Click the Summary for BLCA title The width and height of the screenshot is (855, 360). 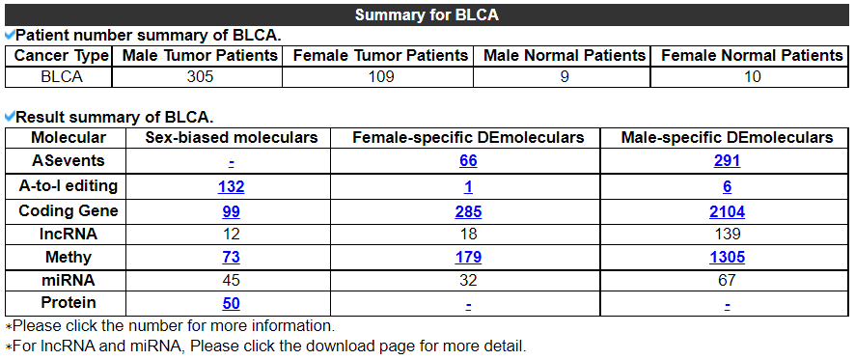click(427, 14)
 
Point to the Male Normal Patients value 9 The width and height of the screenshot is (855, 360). click(565, 76)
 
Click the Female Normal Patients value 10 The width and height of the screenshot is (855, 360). click(753, 76)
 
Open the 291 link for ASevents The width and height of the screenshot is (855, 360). click(727, 161)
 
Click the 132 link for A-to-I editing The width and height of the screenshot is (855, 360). click(232, 186)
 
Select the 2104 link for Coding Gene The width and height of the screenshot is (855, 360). click(727, 211)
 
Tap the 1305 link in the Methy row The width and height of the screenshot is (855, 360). click(727, 257)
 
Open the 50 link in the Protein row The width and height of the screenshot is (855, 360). click(232, 303)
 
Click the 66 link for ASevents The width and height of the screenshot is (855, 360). click(468, 161)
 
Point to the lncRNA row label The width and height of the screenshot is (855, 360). click(69, 234)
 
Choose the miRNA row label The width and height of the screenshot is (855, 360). click(69, 280)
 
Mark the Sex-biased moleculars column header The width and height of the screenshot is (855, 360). click(232, 137)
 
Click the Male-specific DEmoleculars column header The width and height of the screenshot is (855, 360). click(727, 137)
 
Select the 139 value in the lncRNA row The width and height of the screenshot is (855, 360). click(727, 234)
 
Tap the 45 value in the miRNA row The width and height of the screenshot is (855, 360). click(232, 280)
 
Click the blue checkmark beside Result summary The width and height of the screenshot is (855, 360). click(10, 116)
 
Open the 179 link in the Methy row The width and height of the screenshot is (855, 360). click(468, 257)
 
